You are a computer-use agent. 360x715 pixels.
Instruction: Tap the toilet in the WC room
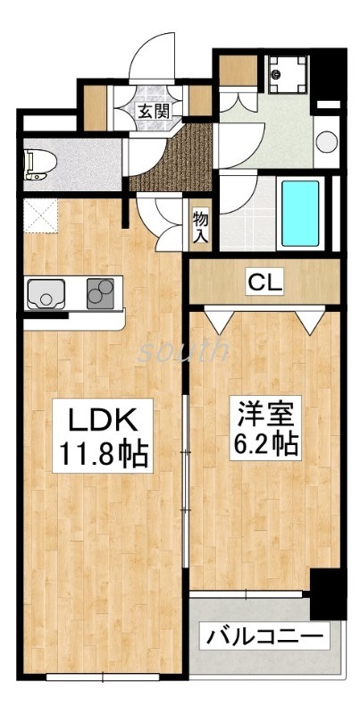point(40,161)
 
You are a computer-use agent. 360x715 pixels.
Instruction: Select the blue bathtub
point(300,214)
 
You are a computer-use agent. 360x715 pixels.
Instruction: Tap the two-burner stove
point(104,293)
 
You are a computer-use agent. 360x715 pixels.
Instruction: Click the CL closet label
point(265,284)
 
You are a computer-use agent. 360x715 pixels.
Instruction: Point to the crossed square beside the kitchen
point(39,215)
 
